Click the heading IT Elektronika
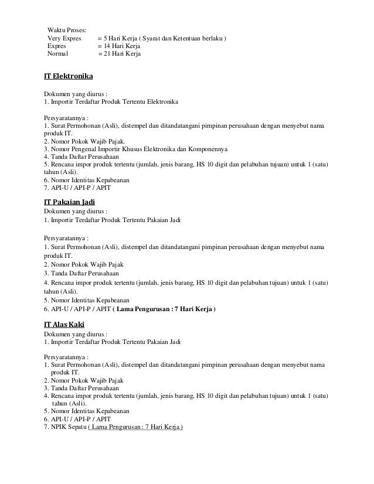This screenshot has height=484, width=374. point(69,77)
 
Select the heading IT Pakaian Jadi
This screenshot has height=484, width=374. point(70,202)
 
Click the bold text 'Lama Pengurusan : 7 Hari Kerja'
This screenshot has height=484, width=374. point(166,308)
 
